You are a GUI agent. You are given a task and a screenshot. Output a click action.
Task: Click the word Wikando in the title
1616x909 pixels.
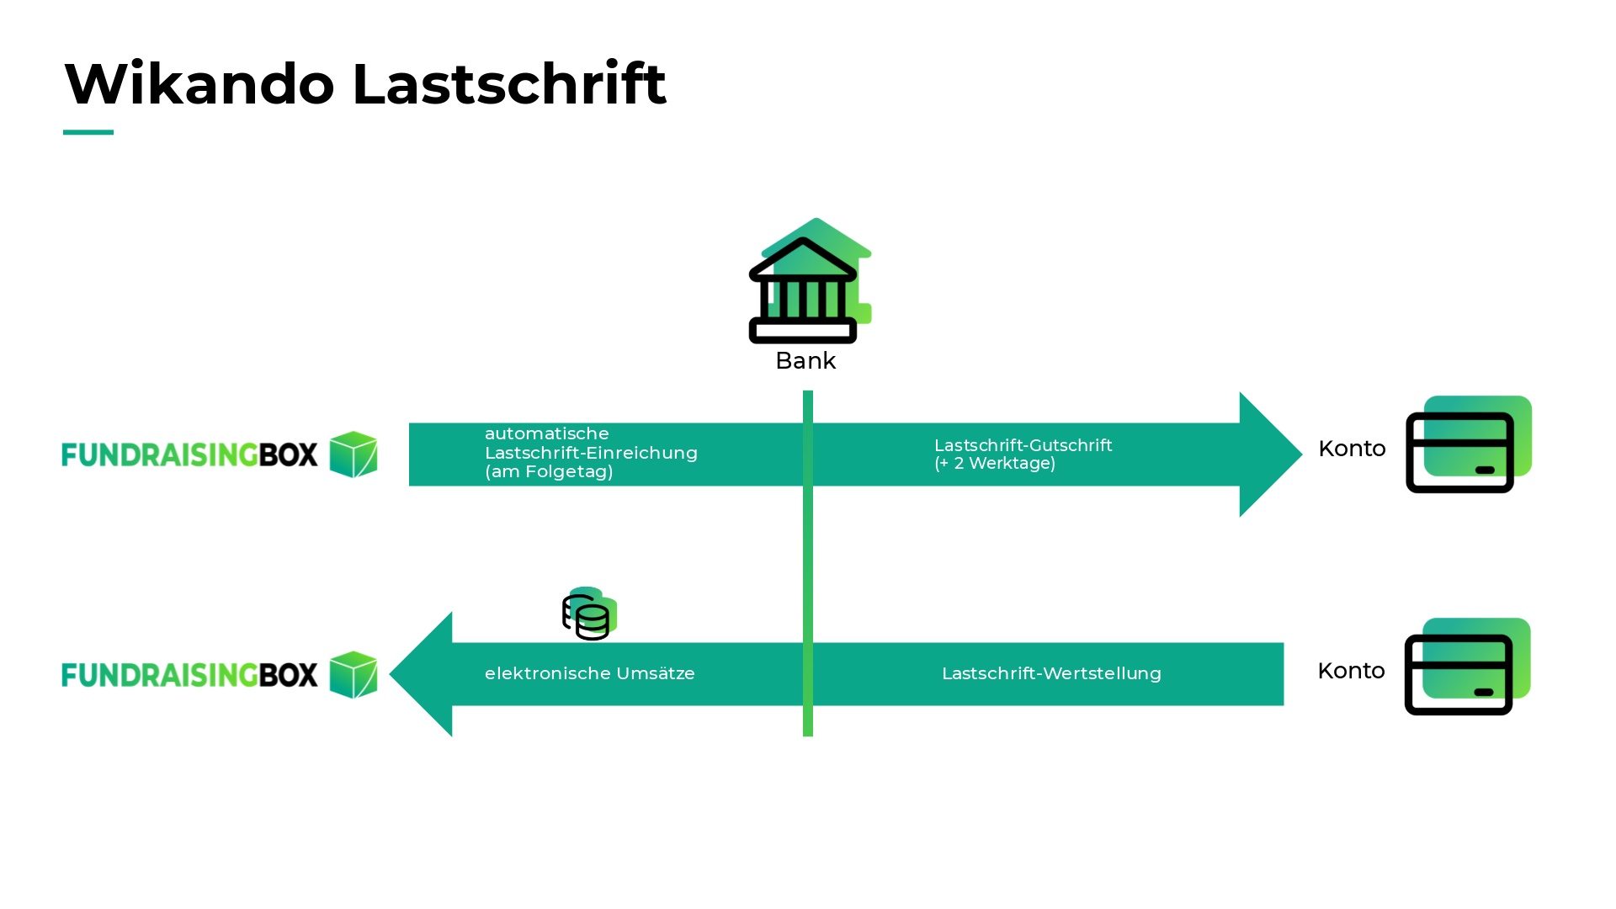199,84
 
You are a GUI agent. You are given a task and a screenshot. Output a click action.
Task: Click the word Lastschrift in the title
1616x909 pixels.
509,84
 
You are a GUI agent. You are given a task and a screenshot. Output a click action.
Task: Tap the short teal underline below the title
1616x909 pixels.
88,132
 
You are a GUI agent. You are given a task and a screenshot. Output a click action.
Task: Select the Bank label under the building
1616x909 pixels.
805,361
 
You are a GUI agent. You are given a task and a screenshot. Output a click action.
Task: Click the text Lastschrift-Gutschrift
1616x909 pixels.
1023,445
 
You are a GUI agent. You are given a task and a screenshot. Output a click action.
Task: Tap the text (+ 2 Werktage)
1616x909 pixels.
994,464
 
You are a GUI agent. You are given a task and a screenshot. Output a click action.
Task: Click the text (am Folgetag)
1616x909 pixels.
549,472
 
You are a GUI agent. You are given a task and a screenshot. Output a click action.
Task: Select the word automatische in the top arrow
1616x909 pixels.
546,433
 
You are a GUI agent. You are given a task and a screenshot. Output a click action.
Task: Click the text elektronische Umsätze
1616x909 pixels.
589,673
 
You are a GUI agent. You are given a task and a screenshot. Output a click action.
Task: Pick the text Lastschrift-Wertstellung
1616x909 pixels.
1051,673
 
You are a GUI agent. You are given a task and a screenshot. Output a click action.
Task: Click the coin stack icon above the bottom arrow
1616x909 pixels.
588,614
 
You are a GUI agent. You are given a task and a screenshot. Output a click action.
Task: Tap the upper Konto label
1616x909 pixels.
1352,449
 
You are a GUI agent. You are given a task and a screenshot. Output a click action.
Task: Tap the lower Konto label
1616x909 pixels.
1351,671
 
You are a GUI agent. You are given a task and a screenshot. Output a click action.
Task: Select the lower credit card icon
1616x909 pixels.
1466,667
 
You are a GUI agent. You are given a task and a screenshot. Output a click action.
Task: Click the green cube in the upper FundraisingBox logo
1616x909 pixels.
353,454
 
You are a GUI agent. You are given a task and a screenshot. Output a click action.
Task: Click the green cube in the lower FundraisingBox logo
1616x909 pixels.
353,674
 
